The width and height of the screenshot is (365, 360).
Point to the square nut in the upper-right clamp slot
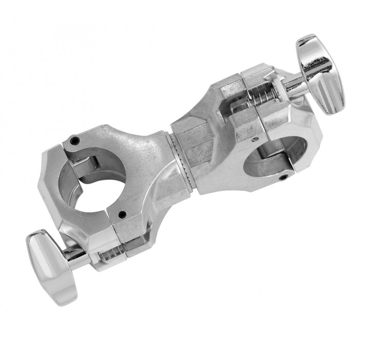(238, 108)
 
